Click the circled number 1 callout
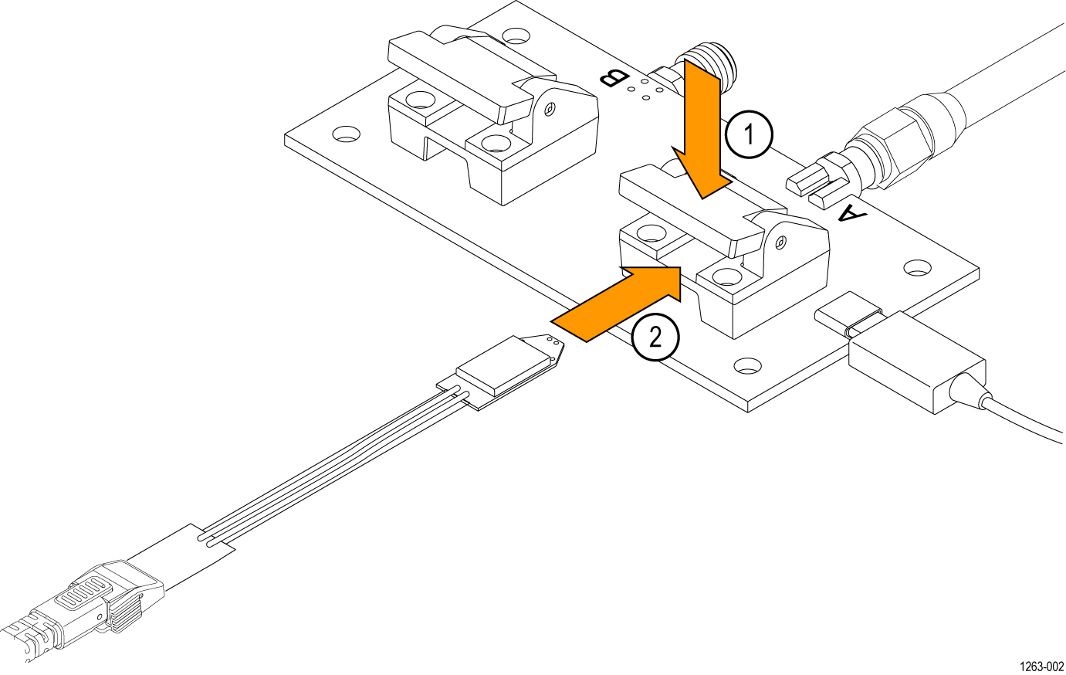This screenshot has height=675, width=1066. pos(748,135)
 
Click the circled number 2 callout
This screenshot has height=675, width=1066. pos(655,337)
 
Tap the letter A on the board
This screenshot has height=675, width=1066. pos(851,213)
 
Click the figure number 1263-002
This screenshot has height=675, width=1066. pos(1041,667)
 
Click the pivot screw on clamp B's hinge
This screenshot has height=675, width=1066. pos(549,108)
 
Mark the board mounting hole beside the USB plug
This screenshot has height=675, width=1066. pos(746,365)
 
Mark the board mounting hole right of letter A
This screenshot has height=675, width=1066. pos(917,267)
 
